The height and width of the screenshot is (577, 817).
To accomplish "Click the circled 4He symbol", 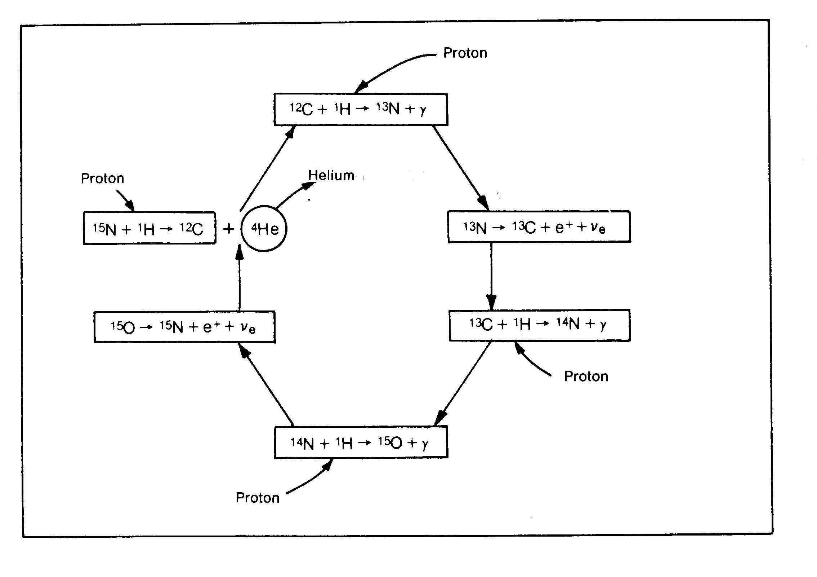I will tap(264, 229).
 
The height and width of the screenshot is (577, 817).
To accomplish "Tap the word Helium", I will tap(331, 175).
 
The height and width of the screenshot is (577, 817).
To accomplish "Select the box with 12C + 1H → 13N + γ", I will tap(361, 109).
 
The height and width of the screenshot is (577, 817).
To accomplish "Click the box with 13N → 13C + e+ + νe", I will tap(539, 227).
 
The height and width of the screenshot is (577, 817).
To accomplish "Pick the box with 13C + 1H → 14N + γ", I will tap(539, 325).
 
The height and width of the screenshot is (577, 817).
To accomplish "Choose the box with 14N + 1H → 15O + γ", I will tap(361, 442).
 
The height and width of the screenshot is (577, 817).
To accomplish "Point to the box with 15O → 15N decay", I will tap(184, 327).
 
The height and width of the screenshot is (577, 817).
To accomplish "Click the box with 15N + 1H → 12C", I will tap(149, 228).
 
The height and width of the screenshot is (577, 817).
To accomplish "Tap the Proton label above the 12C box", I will tap(465, 53).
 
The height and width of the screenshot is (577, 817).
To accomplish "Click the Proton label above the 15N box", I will tap(102, 179).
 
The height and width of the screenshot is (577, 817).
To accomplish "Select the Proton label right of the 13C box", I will tap(586, 376).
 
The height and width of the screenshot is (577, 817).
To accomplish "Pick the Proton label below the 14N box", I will tap(257, 498).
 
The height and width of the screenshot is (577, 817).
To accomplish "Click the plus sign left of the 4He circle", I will tap(228, 229).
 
